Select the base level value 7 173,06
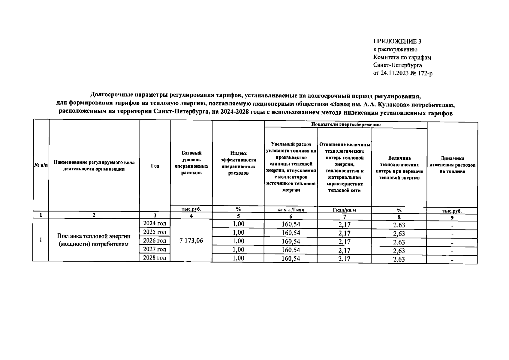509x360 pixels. click(191, 240)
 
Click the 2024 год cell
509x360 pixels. click(155, 223)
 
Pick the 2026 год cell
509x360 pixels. click(155, 241)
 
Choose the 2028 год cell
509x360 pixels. click(155, 258)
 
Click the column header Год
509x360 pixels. click(155, 166)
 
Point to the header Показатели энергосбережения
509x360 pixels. click(346, 124)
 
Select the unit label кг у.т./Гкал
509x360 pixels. click(291, 210)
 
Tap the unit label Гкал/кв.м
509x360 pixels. click(344, 210)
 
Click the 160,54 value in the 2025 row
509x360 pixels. click(291, 233)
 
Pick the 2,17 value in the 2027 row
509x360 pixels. click(344, 250)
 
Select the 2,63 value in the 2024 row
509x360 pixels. click(399, 225)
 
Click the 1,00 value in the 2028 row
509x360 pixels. click(238, 258)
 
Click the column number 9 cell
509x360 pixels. click(452, 218)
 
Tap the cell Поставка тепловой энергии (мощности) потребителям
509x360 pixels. click(94, 240)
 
